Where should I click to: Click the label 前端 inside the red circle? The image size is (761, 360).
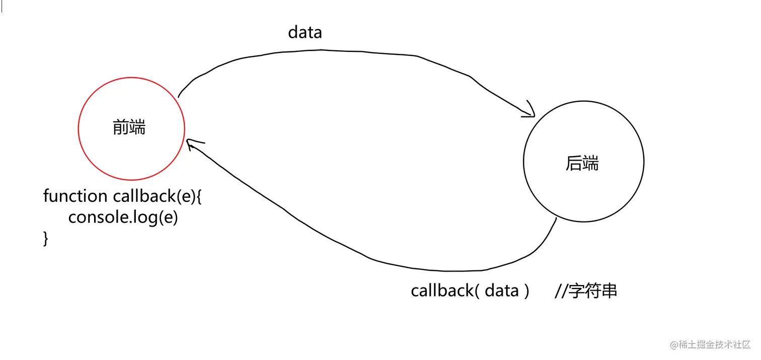pos(129,128)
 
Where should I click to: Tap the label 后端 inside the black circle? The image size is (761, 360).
pos(582,163)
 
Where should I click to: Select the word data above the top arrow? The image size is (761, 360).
pos(305,33)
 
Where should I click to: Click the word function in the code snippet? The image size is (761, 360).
pos(75,196)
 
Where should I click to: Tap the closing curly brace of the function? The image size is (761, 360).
pos(46,238)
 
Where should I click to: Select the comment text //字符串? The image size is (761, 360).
pos(586,291)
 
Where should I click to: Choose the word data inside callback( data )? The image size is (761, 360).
pos(502,291)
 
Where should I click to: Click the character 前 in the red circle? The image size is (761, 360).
pos(121,128)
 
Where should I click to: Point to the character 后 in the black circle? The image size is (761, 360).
pos(574,163)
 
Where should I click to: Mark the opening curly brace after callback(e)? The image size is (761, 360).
pos(198,196)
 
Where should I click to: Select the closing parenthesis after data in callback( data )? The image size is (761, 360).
pos(526,291)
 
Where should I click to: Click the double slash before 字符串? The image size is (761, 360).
pos(561,291)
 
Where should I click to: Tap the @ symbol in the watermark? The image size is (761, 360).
pos(674,345)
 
